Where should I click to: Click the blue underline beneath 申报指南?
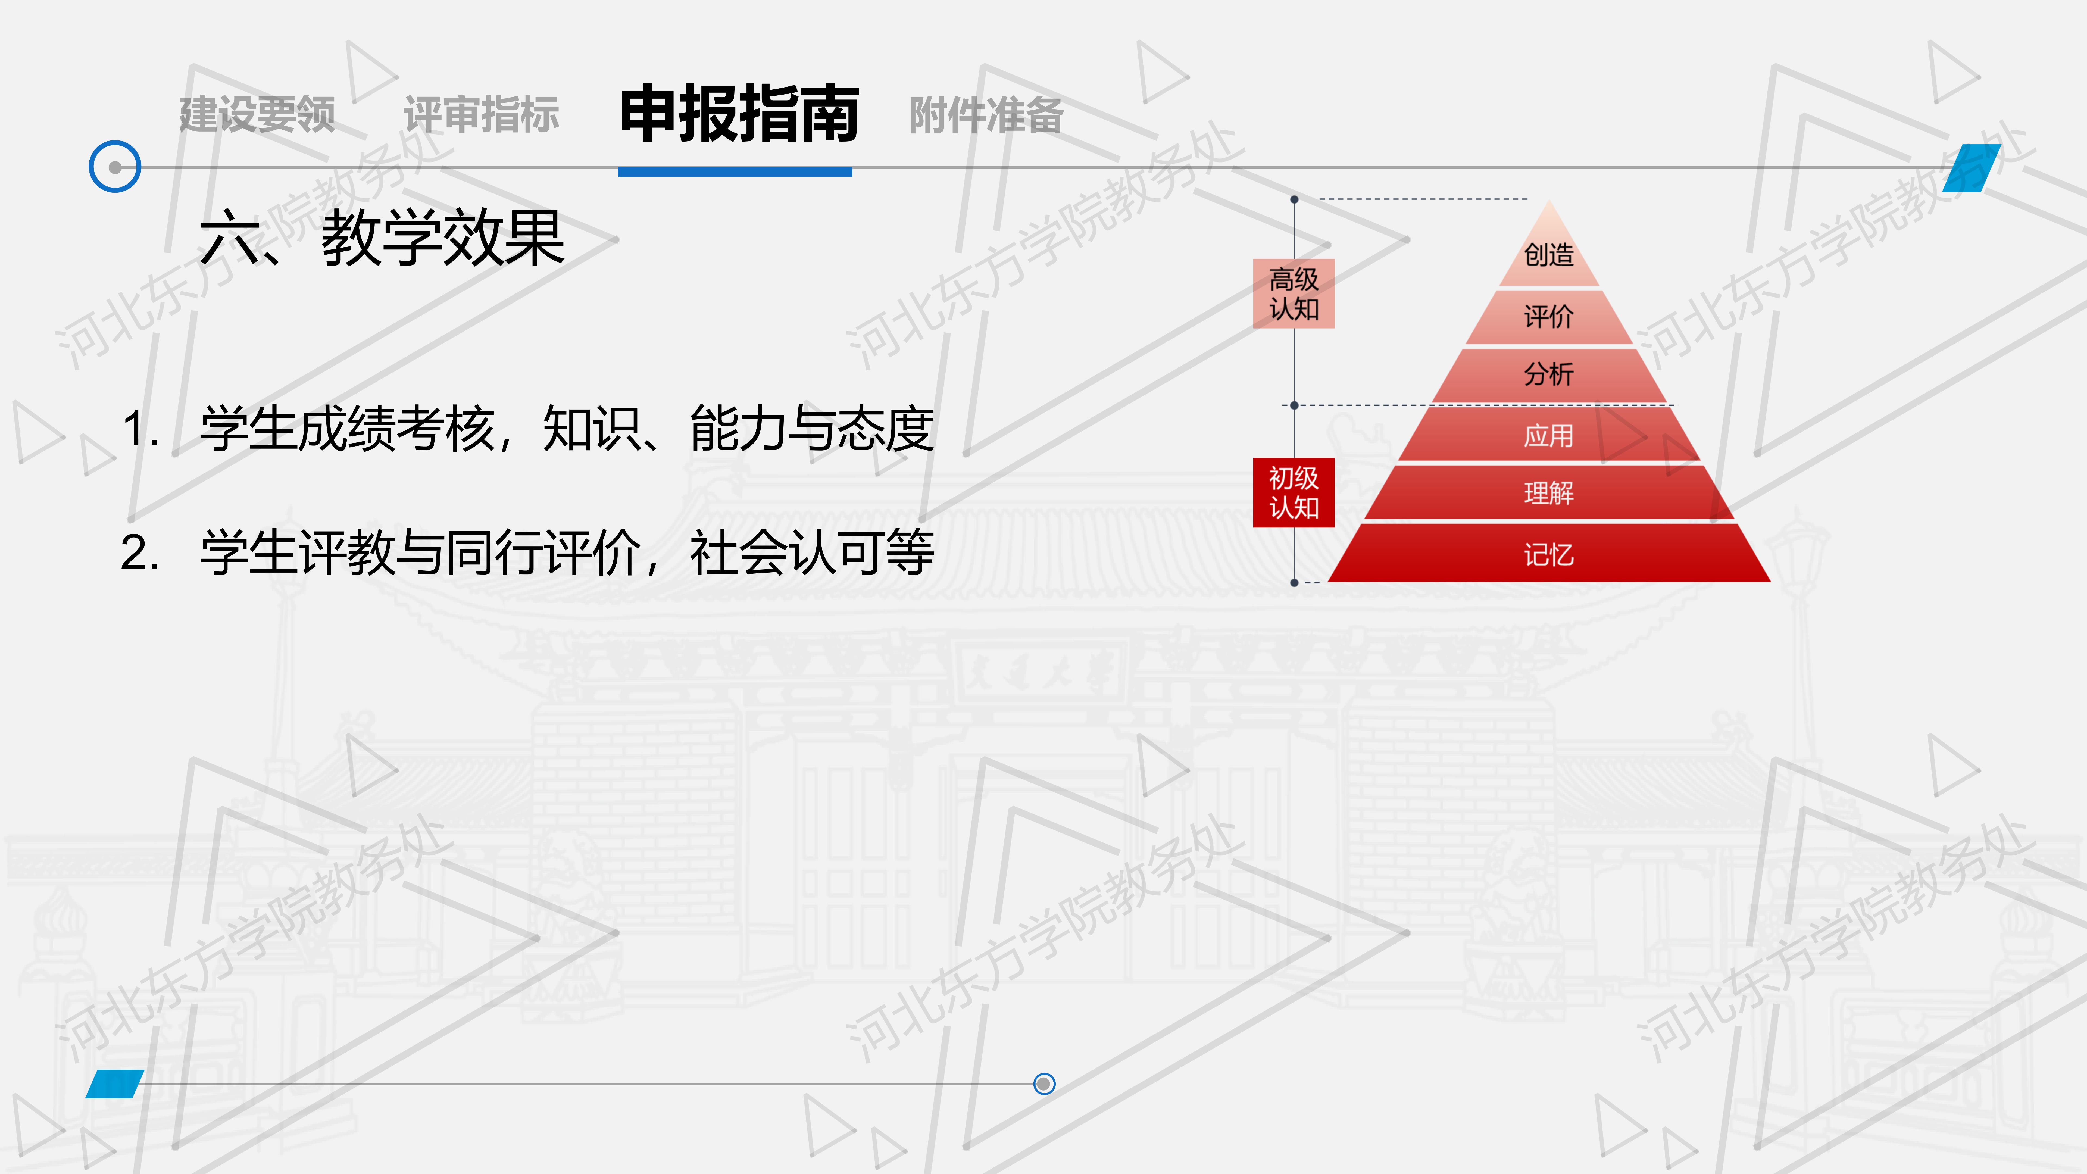click(x=735, y=172)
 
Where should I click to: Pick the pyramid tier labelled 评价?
click(x=1549, y=316)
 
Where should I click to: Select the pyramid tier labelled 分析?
click(x=1549, y=374)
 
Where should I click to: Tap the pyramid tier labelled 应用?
click(x=1549, y=435)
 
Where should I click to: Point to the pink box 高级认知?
click(x=1294, y=293)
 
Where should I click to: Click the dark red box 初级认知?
click(x=1294, y=493)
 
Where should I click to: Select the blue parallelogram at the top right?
click(x=1971, y=168)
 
